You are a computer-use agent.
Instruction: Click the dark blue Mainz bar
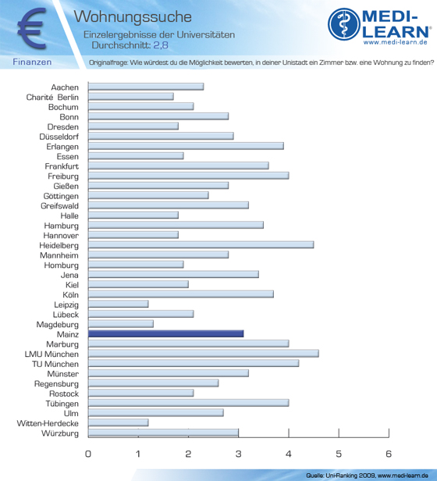pyautogui.click(x=166, y=333)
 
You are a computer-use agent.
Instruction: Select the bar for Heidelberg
pyautogui.click(x=201, y=245)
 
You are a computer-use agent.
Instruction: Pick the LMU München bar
pyautogui.click(x=204, y=354)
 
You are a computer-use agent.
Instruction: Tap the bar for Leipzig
pyautogui.click(x=119, y=304)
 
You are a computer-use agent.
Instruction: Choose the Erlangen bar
pyautogui.click(x=186, y=146)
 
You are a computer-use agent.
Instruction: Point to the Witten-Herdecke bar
pyautogui.click(x=119, y=422)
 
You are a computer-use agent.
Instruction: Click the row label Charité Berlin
pyautogui.click(x=52, y=98)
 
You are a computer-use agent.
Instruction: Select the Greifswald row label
pyautogui.click(x=60, y=206)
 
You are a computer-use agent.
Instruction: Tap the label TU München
pyautogui.click(x=55, y=364)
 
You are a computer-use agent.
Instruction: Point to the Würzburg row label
pyautogui.click(x=60, y=433)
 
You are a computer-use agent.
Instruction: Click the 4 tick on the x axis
pyautogui.click(x=289, y=433)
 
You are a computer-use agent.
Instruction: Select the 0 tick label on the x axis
pyautogui.click(x=88, y=454)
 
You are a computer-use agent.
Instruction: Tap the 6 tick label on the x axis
pyautogui.click(x=389, y=454)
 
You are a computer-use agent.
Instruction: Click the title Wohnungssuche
pyautogui.click(x=133, y=17)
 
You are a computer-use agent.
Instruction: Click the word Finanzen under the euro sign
pyautogui.click(x=32, y=62)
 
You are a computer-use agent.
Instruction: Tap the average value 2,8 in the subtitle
pyautogui.click(x=161, y=45)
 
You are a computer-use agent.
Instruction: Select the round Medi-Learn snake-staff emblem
pyautogui.click(x=344, y=24)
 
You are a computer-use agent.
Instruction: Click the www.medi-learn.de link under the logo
pyautogui.click(x=396, y=42)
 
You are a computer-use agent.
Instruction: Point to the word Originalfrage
pyautogui.click(x=108, y=63)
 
